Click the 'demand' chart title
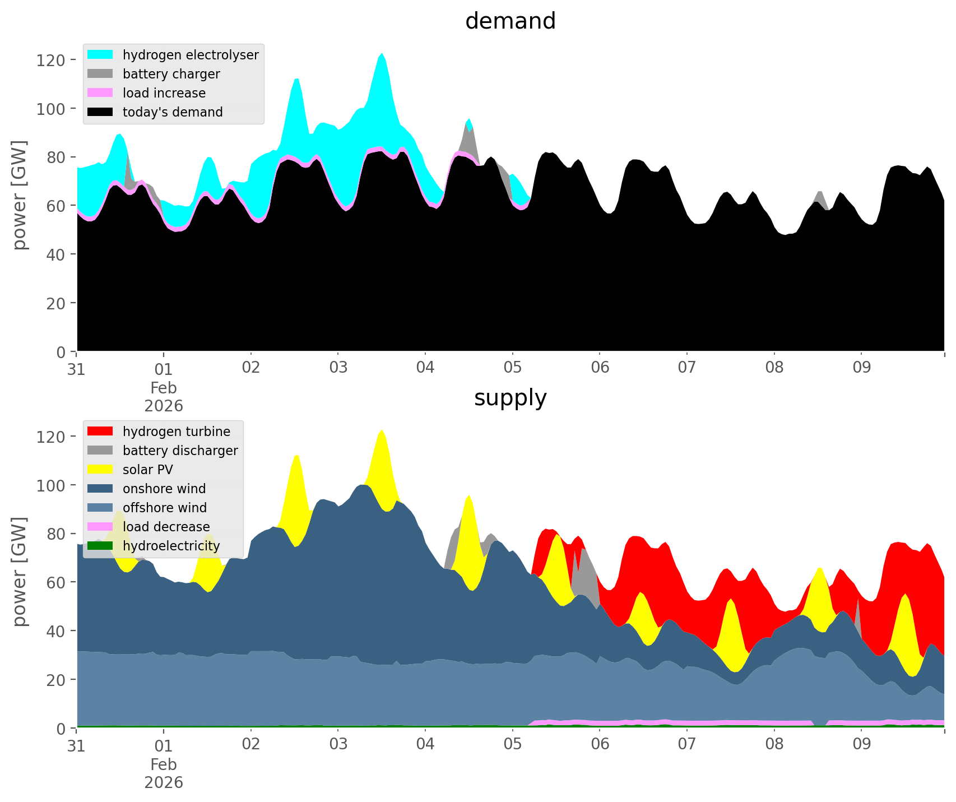(510, 21)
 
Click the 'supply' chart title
(510, 398)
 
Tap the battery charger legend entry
(171, 74)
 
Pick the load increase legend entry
(164, 93)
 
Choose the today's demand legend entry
(173, 112)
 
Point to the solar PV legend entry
(148, 470)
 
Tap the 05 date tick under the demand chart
(512, 368)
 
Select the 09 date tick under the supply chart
(861, 745)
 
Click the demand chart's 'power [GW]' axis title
(20, 195)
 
